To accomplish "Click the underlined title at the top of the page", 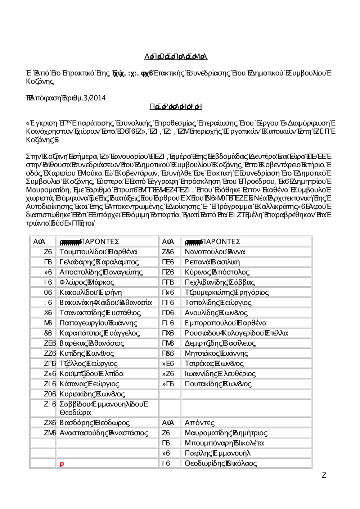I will click(176, 56).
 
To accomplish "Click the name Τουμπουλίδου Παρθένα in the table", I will click(98, 252).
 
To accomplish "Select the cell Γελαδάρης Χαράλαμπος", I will click(99, 262).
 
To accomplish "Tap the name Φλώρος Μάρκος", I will click(87, 282).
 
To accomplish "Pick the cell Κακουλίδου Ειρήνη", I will click(91, 292).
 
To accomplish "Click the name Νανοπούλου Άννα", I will click(215, 252).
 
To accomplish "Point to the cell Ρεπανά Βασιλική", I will click(212, 262).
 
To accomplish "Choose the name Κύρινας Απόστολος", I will click(217, 272).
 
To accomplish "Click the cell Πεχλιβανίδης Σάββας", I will click(220, 282).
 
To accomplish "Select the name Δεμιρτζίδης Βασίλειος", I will click(220, 343).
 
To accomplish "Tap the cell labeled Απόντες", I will click(199, 423).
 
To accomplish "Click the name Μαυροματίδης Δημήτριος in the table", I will click(226, 433).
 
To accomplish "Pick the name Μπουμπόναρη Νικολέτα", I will click(224, 443).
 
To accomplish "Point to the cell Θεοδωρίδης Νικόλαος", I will click(221, 463).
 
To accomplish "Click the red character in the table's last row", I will click(62, 464).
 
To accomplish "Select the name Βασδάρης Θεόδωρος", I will click(94, 423).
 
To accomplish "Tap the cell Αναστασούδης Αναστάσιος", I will click(104, 433).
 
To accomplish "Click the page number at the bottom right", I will click(324, 475).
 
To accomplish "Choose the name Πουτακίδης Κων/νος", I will click(218, 384).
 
